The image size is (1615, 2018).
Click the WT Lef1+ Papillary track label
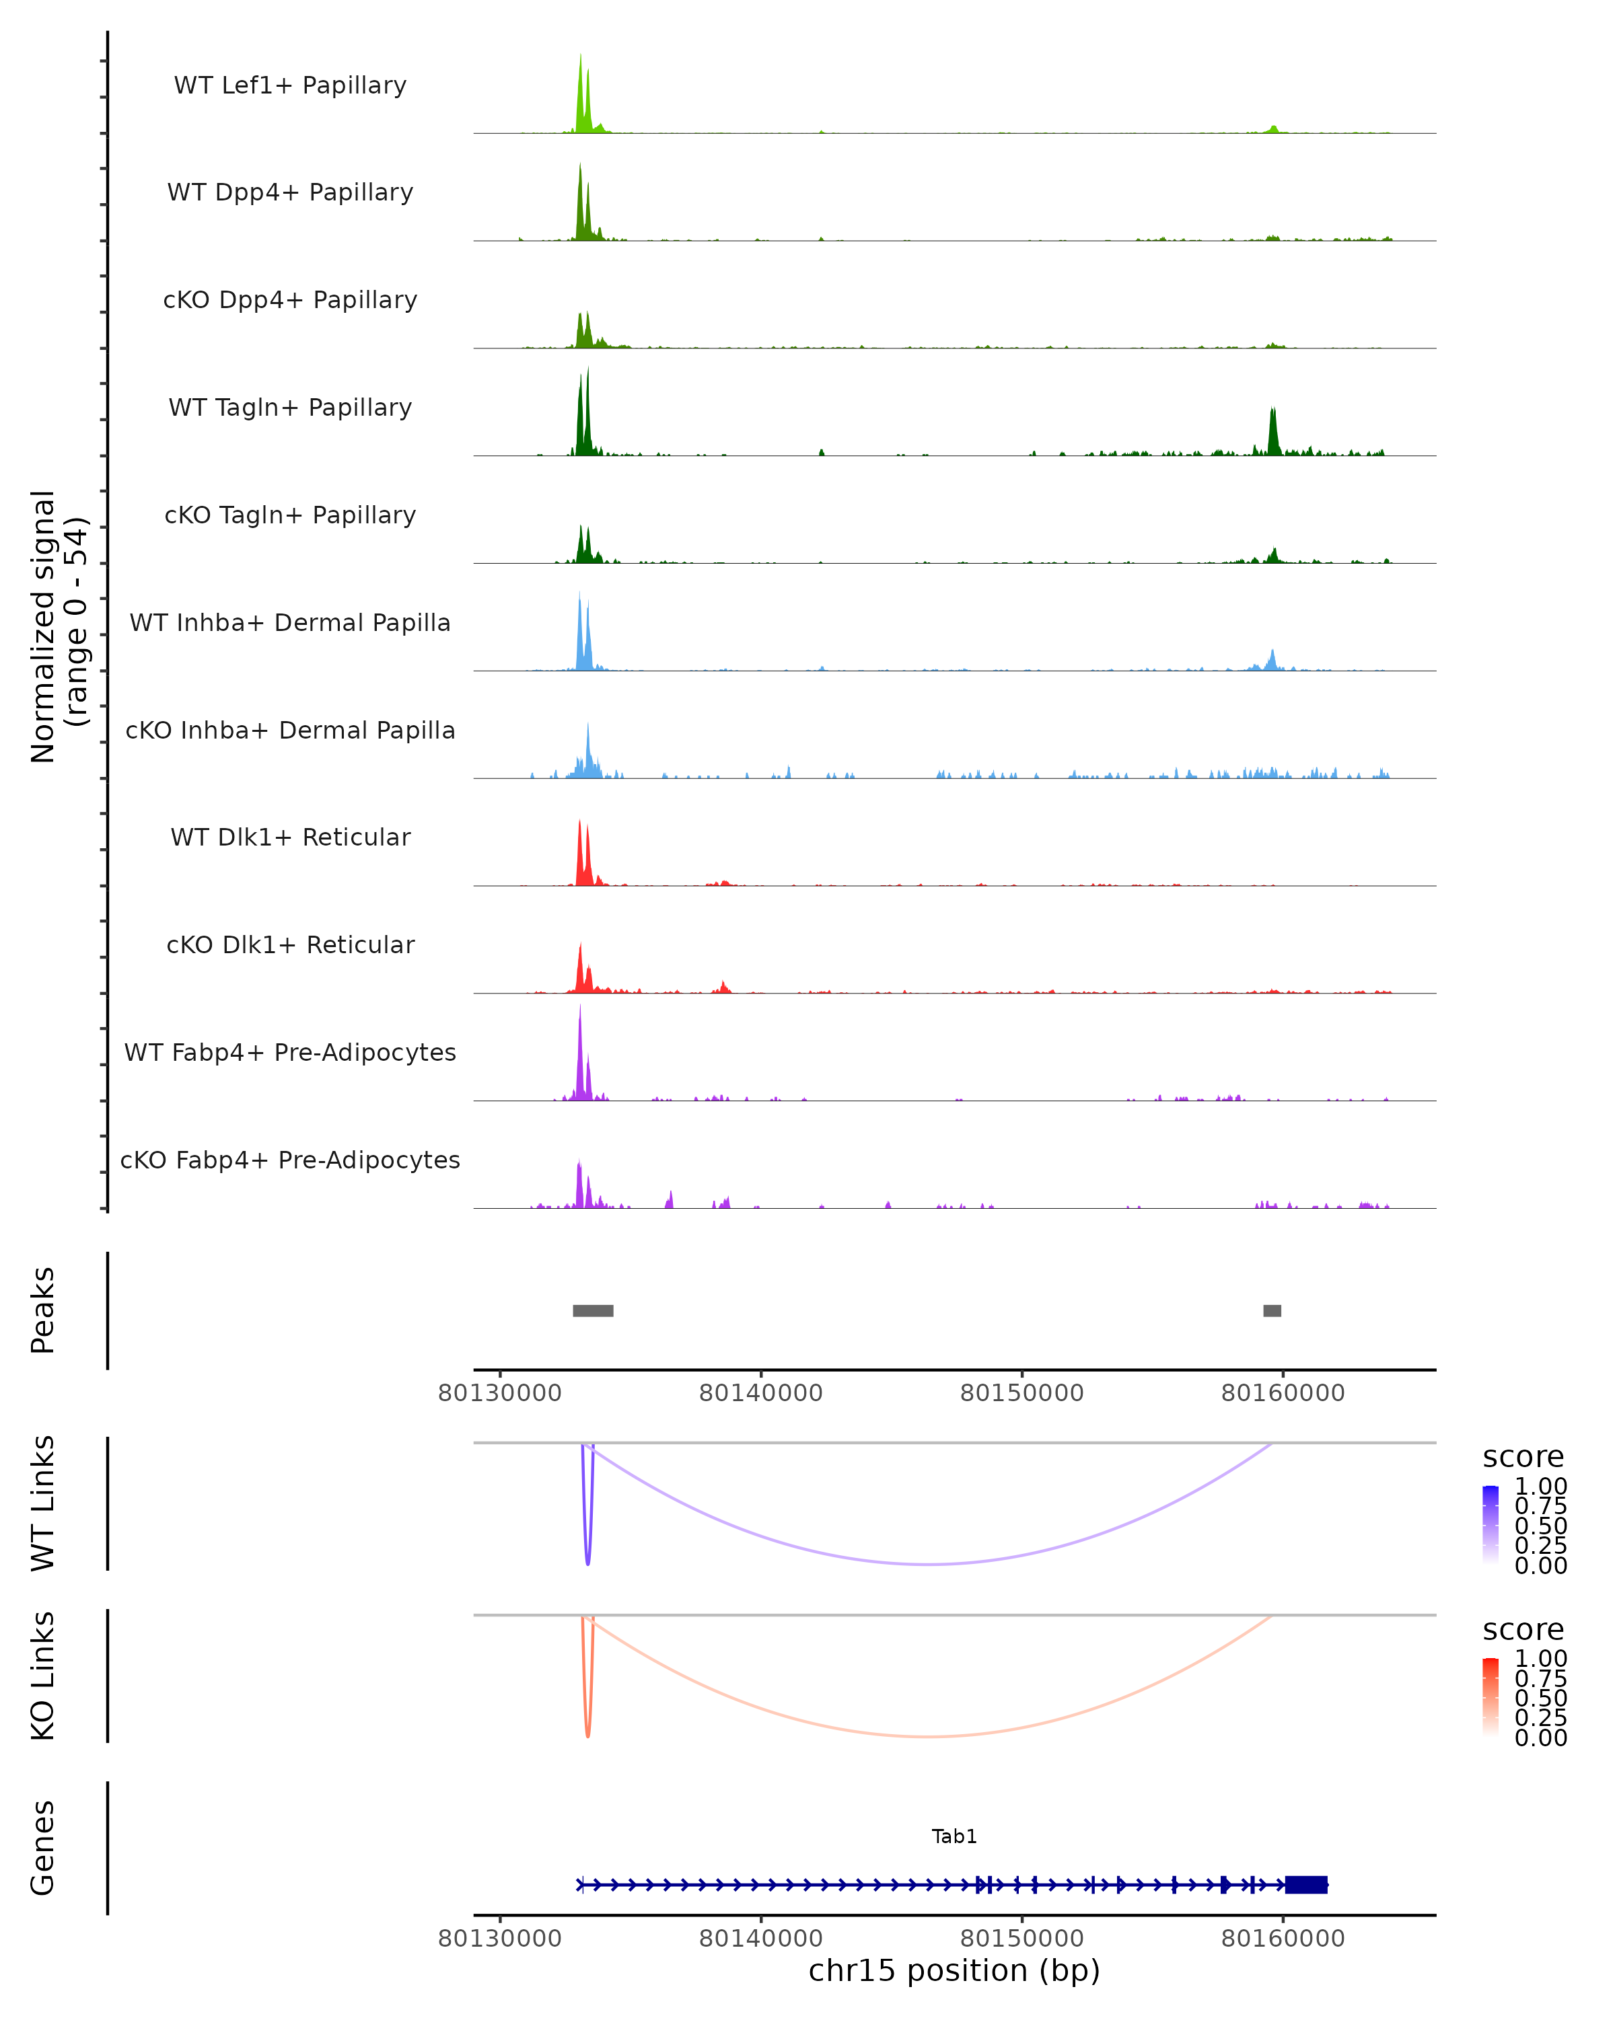290,85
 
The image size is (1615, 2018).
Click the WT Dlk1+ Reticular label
290,837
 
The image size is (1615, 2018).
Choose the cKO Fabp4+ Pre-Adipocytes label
290,1160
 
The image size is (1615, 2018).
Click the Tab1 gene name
954,1836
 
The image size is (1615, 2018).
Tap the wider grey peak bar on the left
593,1310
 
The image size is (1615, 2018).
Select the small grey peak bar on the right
1271,1310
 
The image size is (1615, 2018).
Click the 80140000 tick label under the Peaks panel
760,1393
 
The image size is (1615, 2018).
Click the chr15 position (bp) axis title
954,1970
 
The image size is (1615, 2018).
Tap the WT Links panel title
43,1502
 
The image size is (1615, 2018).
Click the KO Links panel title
43,1676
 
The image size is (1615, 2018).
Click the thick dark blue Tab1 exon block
1306,1884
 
